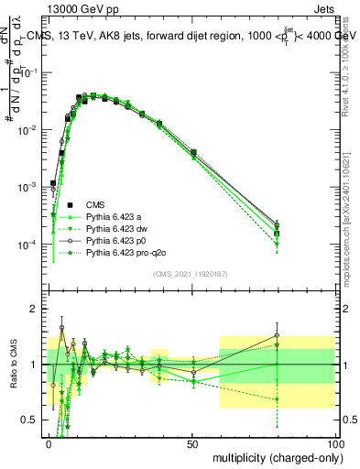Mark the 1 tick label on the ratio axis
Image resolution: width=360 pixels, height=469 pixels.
(x=37, y=365)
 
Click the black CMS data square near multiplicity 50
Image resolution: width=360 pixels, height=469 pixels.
(x=193, y=152)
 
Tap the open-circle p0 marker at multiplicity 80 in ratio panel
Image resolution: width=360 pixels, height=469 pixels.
(x=277, y=335)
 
